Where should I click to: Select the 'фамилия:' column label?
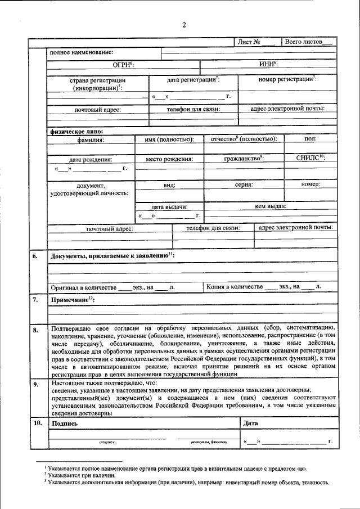click(x=91, y=139)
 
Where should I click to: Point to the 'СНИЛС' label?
click(x=310, y=159)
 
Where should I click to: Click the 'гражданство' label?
click(x=244, y=159)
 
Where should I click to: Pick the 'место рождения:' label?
click(x=169, y=159)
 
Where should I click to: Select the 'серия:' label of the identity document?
click(x=244, y=184)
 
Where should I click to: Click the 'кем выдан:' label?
click(x=271, y=206)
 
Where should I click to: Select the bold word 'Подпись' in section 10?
click(x=65, y=423)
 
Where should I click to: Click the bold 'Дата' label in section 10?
click(x=251, y=423)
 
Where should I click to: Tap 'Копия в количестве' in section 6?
click(x=235, y=287)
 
